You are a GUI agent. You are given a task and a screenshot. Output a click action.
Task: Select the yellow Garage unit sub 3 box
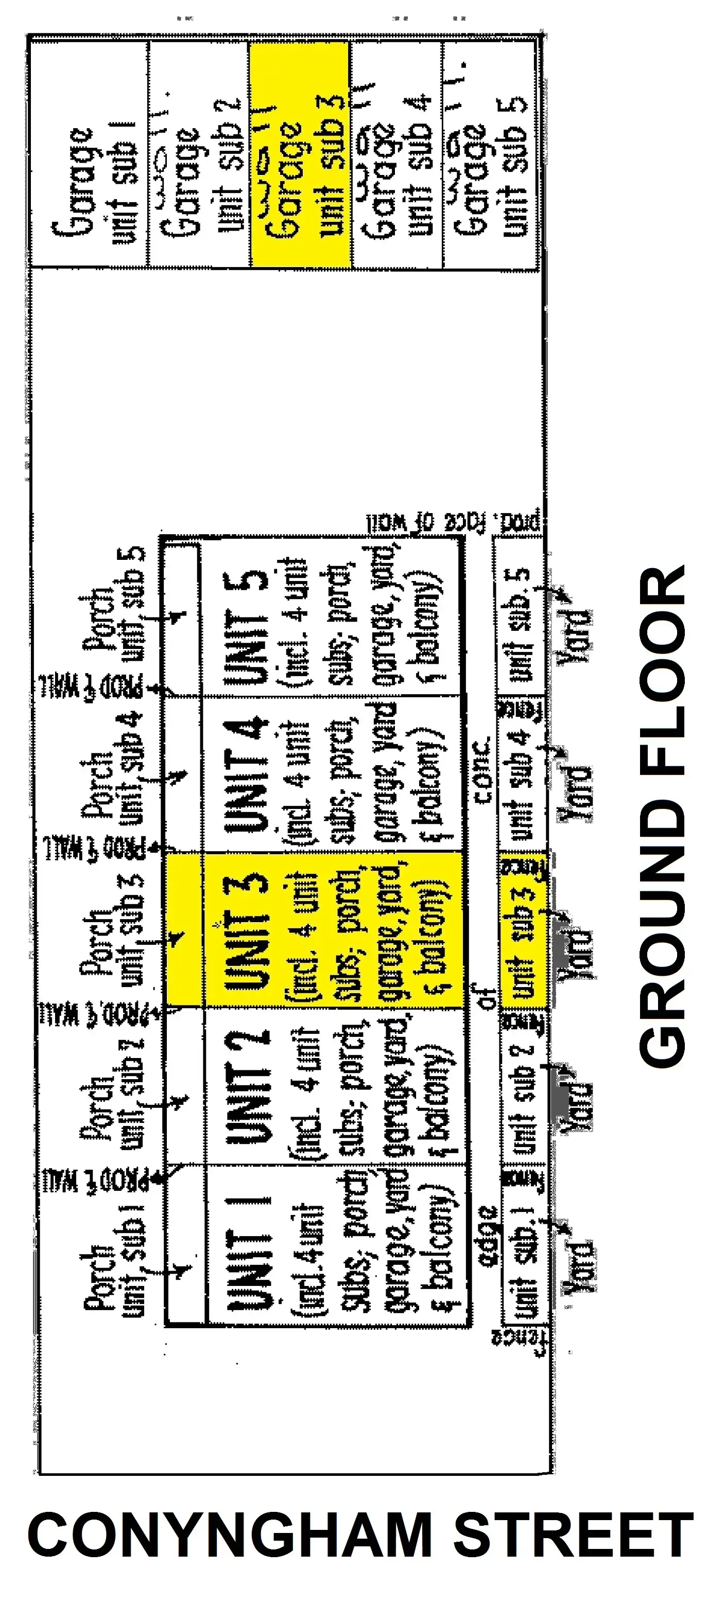[300, 154]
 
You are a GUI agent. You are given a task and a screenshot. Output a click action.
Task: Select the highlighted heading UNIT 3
[248, 931]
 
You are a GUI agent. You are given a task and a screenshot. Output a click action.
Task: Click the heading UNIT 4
[248, 774]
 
